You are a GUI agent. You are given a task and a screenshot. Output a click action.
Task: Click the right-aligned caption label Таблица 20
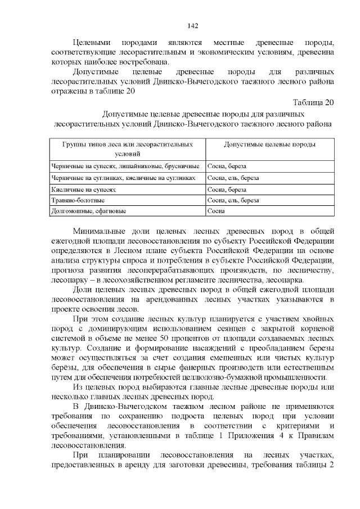[x=313, y=102]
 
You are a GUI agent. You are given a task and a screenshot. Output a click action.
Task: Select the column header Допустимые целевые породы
[x=269, y=145]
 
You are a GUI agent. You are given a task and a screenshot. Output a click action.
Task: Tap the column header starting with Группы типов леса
[x=127, y=148]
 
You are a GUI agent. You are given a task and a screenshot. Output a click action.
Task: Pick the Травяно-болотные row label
[x=70, y=200]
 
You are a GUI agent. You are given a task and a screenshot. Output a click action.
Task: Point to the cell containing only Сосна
[x=216, y=211]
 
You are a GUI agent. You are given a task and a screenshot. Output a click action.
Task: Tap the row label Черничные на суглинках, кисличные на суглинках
[x=123, y=178]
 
